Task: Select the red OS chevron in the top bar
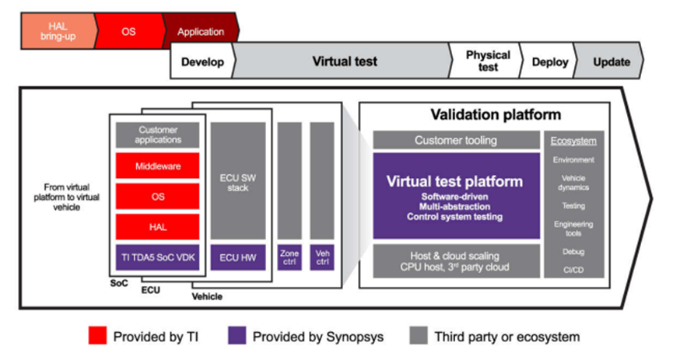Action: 128,32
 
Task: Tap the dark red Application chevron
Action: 200,32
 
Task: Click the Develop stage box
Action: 202,61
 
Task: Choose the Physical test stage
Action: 487,61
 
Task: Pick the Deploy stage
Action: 550,61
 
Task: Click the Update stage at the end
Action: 611,61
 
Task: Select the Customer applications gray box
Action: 159,135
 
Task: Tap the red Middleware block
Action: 159,166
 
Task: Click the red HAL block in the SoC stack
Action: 159,226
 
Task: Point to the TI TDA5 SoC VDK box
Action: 159,257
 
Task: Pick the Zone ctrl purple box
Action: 289,257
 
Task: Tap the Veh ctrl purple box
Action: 321,257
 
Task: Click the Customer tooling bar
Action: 455,140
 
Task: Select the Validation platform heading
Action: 495,115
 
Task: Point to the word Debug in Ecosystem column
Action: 573,252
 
